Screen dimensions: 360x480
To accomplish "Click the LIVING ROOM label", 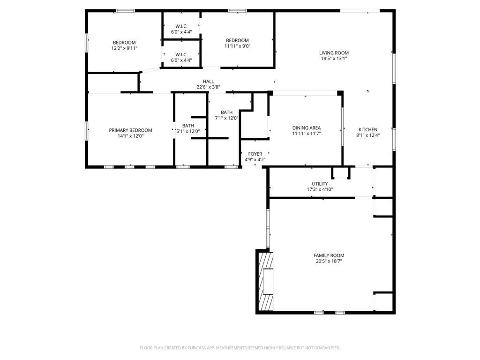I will click(334, 53).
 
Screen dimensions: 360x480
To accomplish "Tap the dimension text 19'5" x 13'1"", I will click(334, 59).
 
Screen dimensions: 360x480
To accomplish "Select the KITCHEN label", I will click(368, 130).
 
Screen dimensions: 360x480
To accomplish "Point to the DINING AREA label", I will click(306, 128).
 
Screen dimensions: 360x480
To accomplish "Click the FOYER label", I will click(255, 154).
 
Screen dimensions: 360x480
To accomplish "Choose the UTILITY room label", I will click(320, 184).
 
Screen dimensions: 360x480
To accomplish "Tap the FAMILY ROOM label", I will click(329, 255).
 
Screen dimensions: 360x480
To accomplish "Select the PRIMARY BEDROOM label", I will click(130, 130).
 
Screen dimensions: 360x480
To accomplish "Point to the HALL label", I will click(208, 82).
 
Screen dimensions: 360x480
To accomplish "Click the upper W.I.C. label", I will click(181, 26).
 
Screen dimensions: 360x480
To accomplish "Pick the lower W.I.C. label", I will click(181, 54).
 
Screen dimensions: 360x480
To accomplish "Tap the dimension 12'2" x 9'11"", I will click(124, 48).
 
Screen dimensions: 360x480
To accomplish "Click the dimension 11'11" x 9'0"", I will click(237, 46).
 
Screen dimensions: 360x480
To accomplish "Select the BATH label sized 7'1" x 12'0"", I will click(227, 112).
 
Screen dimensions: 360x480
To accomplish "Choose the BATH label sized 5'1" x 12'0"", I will click(188, 126).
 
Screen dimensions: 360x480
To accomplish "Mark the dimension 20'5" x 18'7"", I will click(329, 261).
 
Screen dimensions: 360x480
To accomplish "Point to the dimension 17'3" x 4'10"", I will click(320, 189).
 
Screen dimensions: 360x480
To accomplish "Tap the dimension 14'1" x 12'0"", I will click(130, 136).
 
